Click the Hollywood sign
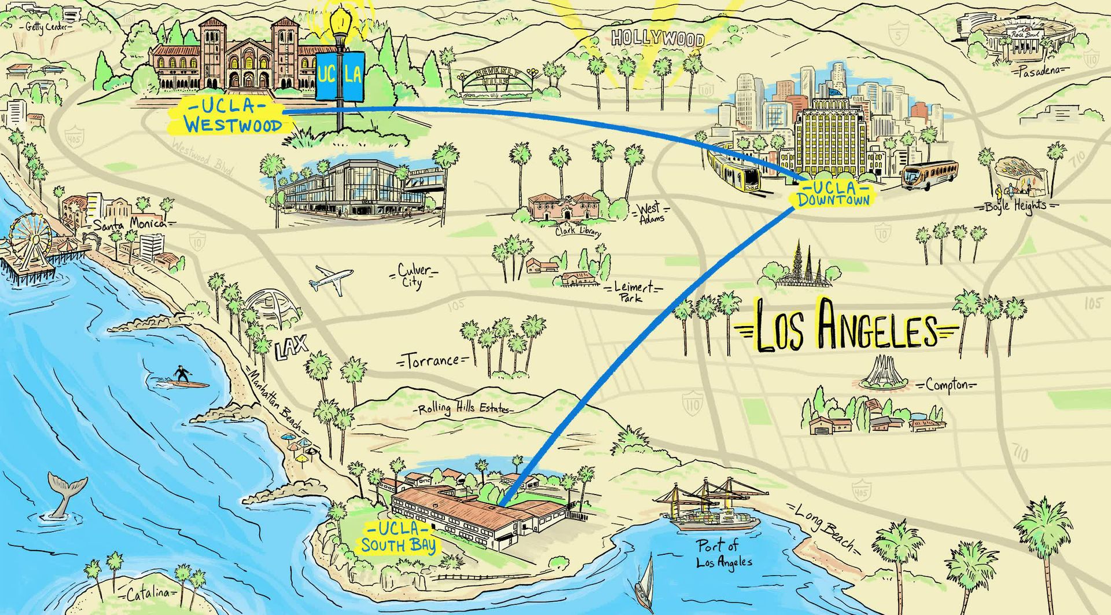658,39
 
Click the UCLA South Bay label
399,537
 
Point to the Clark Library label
577,232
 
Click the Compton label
946,385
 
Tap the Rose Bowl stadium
1031,38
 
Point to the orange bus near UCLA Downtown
930,175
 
